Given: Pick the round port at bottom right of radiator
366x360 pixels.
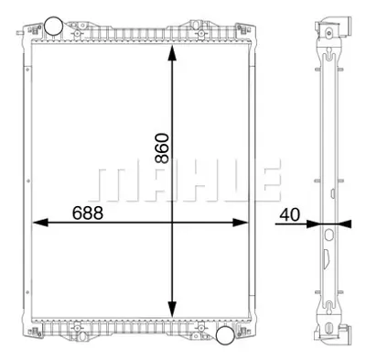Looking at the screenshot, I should pos(224,336).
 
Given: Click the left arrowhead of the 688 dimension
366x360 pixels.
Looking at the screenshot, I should pos(39,223).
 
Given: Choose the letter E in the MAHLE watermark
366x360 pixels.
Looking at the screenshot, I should pos(264,183).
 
